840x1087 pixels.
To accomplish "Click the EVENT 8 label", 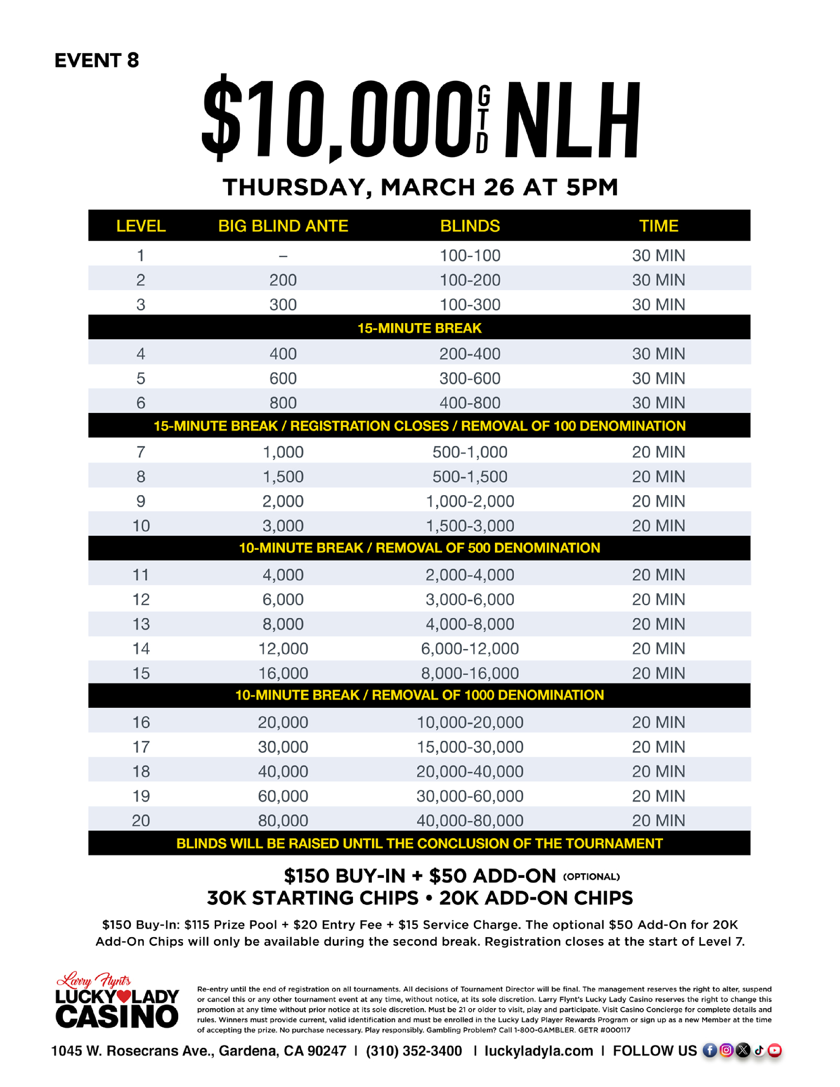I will pyautogui.click(x=97, y=61).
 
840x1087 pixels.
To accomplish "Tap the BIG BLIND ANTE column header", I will pyautogui.click(x=283, y=226).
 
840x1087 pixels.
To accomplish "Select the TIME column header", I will pyautogui.click(x=658, y=226).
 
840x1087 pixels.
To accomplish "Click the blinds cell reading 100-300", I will pyautogui.click(x=470, y=305).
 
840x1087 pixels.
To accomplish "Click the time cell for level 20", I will pyautogui.click(x=658, y=820).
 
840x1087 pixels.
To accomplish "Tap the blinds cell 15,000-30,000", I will pyautogui.click(x=470, y=747).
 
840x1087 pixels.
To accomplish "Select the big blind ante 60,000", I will pyautogui.click(x=283, y=796).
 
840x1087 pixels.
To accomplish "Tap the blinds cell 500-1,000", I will pyautogui.click(x=470, y=452).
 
